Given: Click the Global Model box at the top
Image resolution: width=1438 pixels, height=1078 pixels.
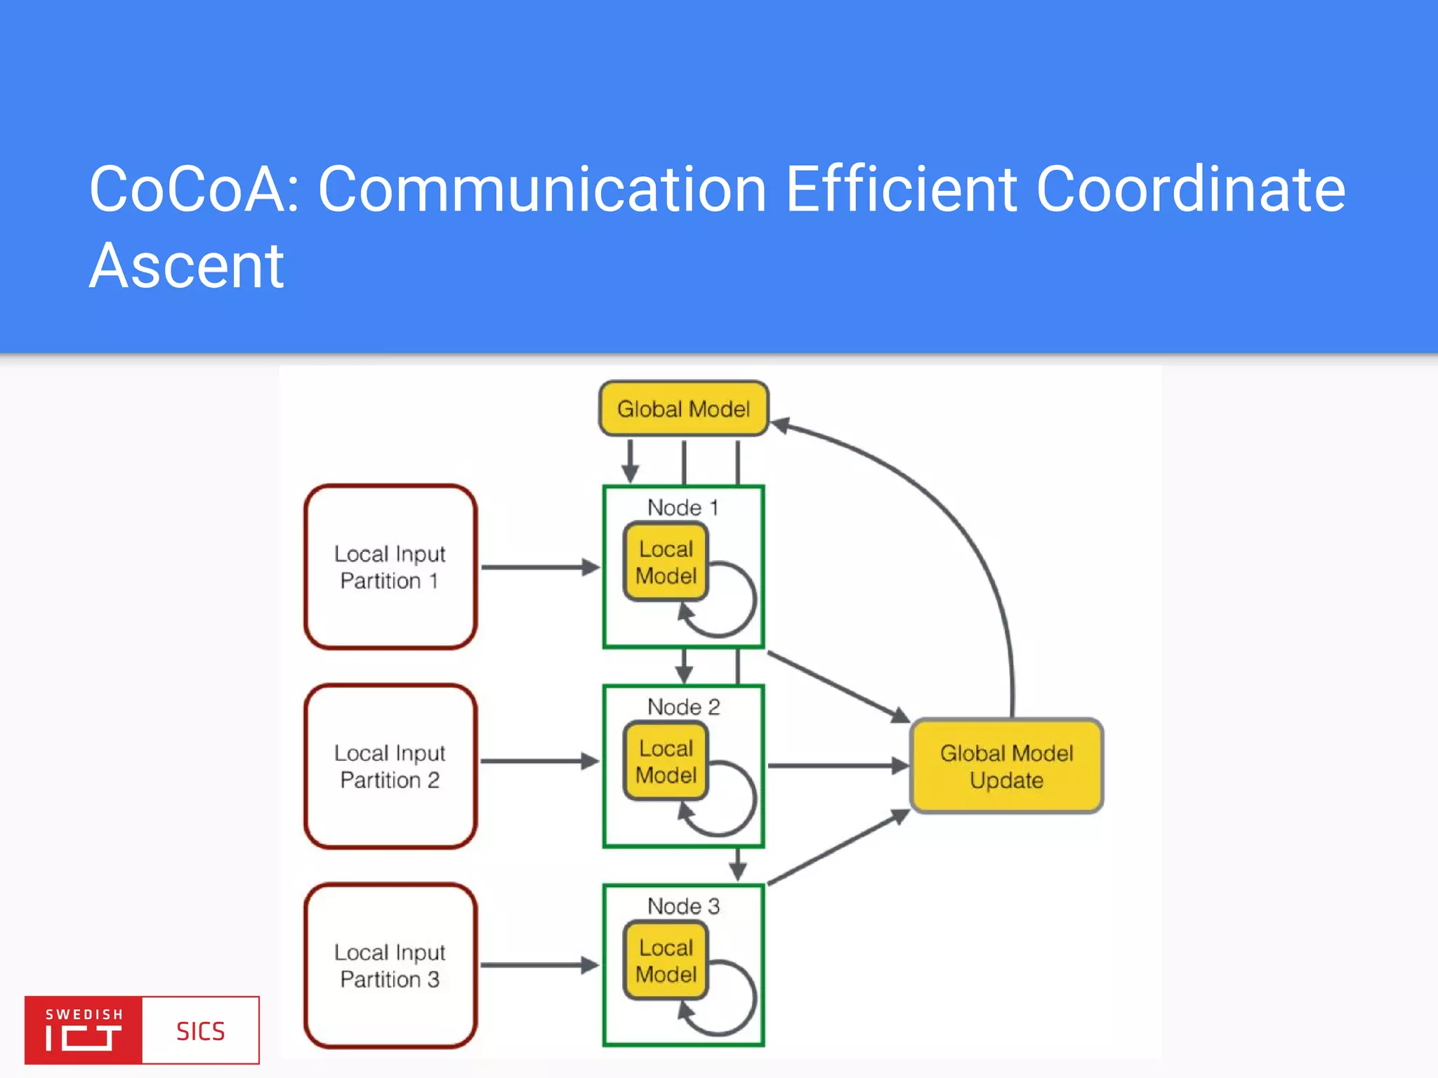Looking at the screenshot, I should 683,408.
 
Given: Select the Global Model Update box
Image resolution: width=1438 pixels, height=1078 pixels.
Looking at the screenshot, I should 1006,766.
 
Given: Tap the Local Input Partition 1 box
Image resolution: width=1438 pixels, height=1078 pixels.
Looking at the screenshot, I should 390,567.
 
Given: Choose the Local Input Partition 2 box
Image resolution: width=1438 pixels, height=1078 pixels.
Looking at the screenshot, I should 390,766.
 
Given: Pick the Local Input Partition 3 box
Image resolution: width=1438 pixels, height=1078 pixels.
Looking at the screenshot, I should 390,966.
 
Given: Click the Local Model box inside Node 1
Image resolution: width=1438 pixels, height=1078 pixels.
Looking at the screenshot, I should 666,562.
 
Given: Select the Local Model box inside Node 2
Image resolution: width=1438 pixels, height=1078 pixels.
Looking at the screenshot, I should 666,761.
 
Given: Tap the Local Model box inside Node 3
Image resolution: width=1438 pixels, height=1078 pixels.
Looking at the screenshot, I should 666,961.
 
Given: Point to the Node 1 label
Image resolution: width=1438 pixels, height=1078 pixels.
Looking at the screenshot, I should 682,507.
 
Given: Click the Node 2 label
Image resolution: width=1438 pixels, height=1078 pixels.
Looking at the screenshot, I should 683,707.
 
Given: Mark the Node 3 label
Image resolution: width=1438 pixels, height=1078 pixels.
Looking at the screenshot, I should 683,906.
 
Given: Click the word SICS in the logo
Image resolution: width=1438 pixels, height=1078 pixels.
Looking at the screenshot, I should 200,1031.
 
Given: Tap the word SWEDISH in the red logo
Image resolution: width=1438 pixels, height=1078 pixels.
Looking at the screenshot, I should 84,1014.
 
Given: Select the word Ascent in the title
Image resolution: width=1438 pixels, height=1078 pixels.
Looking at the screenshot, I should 186,266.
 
